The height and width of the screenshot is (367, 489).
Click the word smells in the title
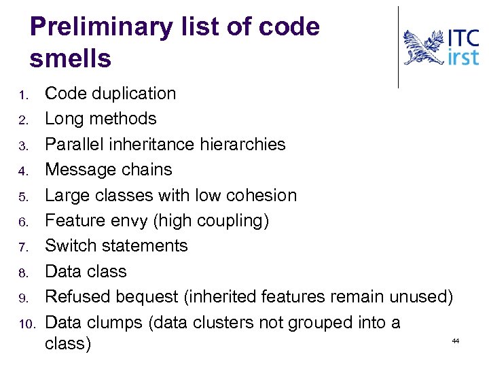point(71,59)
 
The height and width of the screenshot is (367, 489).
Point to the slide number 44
point(456,340)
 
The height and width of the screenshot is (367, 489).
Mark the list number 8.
point(22,273)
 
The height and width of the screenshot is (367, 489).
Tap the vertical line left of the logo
point(399,48)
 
